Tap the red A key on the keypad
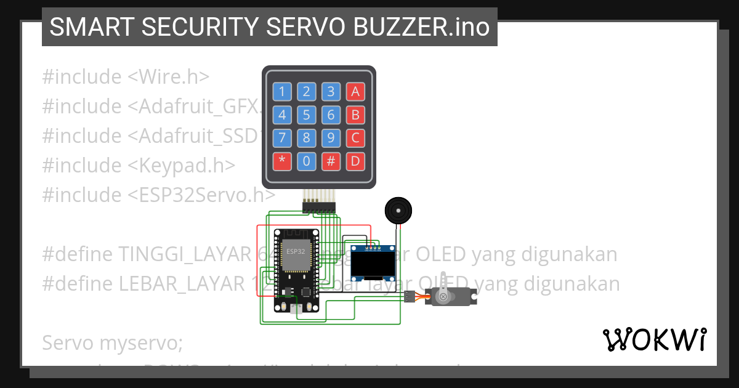[355, 92]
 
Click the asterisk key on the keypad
[282, 161]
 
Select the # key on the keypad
[331, 161]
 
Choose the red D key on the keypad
[355, 161]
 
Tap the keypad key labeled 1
[282, 92]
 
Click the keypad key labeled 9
[331, 138]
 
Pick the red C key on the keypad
[355, 138]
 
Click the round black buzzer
[396, 211]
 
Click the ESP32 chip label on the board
[295, 251]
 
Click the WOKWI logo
[654, 340]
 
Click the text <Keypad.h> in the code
[182, 165]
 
